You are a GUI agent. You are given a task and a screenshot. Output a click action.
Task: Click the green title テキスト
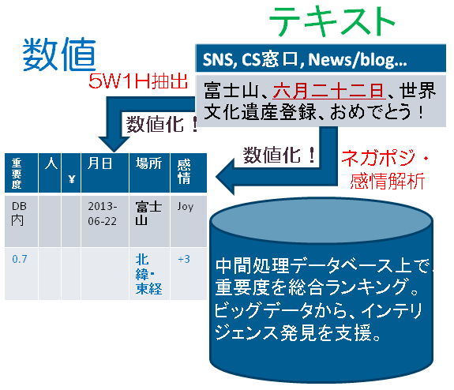pyautogui.click(x=332, y=22)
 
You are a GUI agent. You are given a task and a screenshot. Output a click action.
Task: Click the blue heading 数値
pyautogui.click(x=59, y=54)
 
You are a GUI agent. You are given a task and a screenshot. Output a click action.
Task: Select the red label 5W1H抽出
pyautogui.click(x=138, y=81)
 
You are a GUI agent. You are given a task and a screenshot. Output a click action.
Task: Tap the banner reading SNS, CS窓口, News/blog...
pyautogui.click(x=321, y=58)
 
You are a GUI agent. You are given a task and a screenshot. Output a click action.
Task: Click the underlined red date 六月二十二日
pyautogui.click(x=329, y=91)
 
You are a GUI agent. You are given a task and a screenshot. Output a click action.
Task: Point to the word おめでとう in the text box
pyautogui.click(x=370, y=112)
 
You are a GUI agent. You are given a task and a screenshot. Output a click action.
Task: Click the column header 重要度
pyautogui.click(x=17, y=173)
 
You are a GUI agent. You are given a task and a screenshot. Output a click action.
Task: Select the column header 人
pyautogui.click(x=51, y=163)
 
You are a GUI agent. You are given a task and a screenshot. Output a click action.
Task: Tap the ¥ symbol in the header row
pyautogui.click(x=72, y=179)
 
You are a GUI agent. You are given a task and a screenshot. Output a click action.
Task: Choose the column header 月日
pyautogui.click(x=99, y=163)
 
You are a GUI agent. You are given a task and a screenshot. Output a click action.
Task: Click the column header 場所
pyautogui.click(x=148, y=163)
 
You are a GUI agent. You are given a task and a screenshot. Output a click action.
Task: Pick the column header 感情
pyautogui.click(x=184, y=171)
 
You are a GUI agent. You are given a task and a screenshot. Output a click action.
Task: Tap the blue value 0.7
pyautogui.click(x=20, y=259)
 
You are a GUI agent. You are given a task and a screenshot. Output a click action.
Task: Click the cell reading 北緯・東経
pyautogui.click(x=148, y=274)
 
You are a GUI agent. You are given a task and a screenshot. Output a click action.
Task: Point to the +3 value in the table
pyautogui.click(x=184, y=259)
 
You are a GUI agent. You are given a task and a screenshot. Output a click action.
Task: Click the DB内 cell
pyautogui.click(x=19, y=214)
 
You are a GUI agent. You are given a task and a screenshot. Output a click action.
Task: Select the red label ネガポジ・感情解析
pyautogui.click(x=385, y=170)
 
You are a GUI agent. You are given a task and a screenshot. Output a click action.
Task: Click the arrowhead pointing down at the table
pyautogui.click(x=114, y=144)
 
